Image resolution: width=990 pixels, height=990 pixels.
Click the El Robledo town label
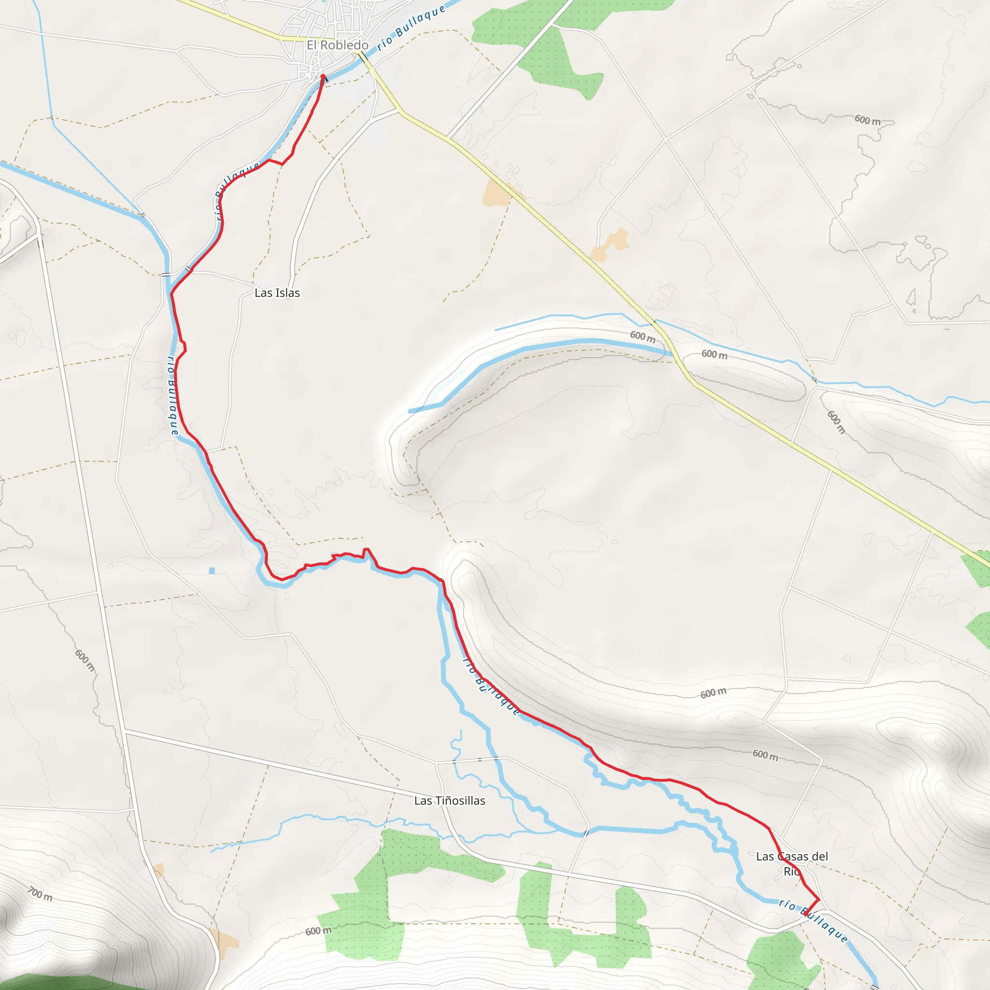(x=337, y=45)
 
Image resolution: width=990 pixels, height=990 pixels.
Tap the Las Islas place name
(x=277, y=292)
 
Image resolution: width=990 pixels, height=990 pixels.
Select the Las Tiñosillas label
(x=450, y=801)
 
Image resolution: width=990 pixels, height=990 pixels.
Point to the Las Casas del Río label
(x=792, y=863)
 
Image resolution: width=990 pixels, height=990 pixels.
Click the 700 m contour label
(x=40, y=893)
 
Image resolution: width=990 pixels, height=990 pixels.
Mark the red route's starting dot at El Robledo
(x=323, y=76)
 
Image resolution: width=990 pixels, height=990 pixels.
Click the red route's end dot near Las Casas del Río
(x=806, y=914)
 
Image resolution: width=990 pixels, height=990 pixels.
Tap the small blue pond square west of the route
(x=212, y=570)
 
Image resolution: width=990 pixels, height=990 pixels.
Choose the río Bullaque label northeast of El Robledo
(x=411, y=28)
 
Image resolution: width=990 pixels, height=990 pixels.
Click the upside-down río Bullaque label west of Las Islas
(x=173, y=395)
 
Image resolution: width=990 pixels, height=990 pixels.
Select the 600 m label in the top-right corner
(x=867, y=120)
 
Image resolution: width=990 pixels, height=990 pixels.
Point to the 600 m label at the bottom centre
(x=318, y=931)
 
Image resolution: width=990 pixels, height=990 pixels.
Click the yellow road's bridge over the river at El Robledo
(x=364, y=57)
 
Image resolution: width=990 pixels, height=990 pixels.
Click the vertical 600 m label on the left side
(x=85, y=660)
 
